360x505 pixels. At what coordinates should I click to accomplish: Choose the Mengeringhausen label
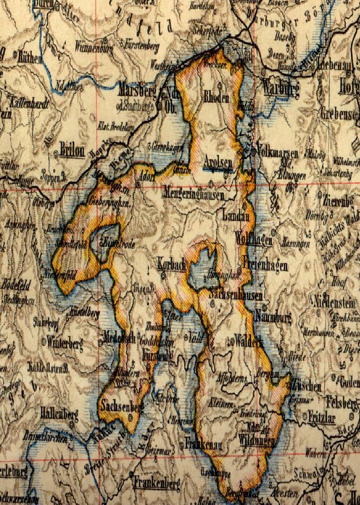pos(194,194)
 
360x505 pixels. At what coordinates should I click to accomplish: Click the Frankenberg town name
pos(156,484)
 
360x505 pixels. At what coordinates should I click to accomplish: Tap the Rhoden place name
pos(216,99)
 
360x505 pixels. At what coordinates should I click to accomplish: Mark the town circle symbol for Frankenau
pos(182,445)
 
